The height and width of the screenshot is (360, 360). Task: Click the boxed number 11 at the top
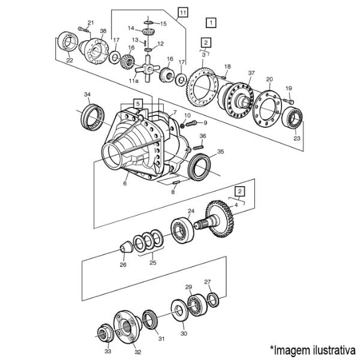[x=183, y=13]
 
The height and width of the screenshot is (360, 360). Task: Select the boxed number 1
[x=211, y=23]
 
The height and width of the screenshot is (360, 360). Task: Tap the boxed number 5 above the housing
[x=138, y=104]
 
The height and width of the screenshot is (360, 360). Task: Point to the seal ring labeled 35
[x=199, y=167]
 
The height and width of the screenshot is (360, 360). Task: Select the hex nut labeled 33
[x=104, y=332]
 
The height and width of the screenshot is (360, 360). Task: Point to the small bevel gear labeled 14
[x=148, y=31]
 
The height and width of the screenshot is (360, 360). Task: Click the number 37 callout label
[x=251, y=73]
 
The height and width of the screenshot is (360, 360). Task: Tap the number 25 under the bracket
[x=152, y=262]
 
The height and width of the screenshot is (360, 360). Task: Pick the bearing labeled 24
[x=182, y=230]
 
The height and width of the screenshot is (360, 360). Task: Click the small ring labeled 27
[x=213, y=299]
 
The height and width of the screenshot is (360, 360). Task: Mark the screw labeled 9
[x=191, y=124]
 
